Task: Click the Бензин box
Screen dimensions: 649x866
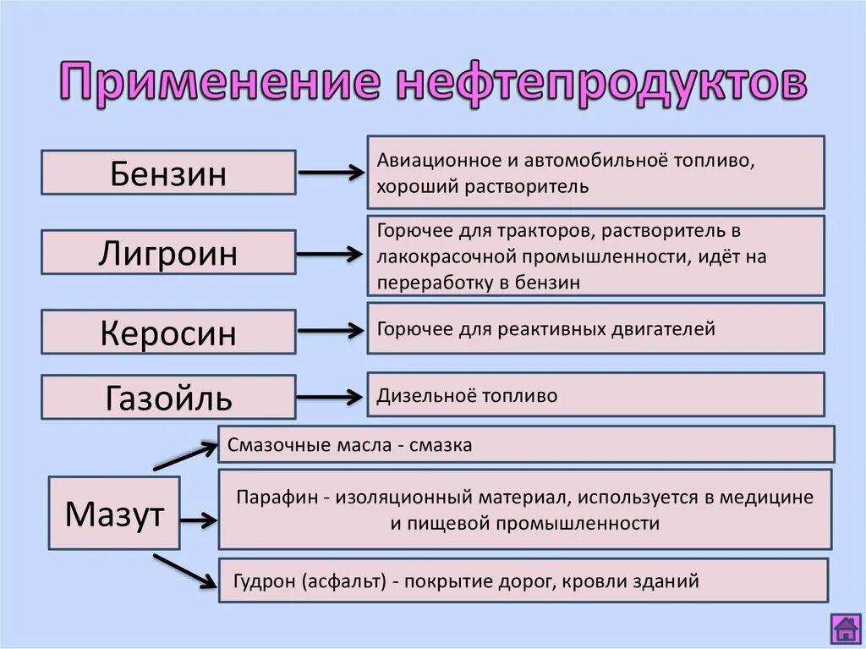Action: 168,173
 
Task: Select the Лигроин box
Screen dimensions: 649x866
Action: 168,252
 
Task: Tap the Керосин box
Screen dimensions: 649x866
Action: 168,332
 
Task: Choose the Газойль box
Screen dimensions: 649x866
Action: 168,397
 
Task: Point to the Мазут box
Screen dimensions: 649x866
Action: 114,514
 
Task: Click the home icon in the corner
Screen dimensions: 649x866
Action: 845,629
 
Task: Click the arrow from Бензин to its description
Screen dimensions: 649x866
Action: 331,173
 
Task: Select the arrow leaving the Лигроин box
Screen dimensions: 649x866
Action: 331,252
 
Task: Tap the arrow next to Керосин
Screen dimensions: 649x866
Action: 331,332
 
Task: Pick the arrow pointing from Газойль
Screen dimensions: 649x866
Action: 331,397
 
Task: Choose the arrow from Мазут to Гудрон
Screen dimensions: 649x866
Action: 185,570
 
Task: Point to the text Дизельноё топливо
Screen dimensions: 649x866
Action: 467,395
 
